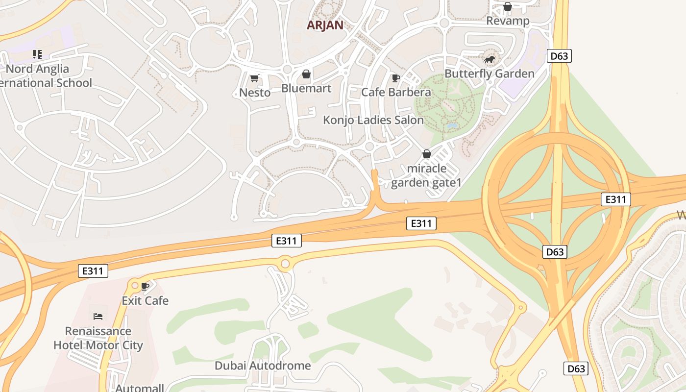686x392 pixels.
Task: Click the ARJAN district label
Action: coord(325,25)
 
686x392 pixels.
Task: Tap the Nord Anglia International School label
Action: coord(44,76)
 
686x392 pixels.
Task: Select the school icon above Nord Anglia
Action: coord(37,54)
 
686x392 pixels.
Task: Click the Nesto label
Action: coord(255,93)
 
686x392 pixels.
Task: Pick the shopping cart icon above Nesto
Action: coord(254,78)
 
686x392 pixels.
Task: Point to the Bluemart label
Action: coord(306,89)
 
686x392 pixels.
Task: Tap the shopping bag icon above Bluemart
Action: coord(306,74)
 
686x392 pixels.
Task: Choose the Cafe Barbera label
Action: coord(396,92)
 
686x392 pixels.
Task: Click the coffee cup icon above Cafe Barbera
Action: coord(395,78)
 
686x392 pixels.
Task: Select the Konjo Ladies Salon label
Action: coord(373,120)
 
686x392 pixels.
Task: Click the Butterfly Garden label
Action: coord(489,74)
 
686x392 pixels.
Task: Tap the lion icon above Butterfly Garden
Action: coord(490,60)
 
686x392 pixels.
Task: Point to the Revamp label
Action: coord(508,21)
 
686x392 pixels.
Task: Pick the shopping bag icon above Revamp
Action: coord(508,7)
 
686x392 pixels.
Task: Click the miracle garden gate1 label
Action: coord(427,175)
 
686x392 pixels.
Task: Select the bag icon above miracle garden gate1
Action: coord(427,154)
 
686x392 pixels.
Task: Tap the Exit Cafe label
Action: coord(145,301)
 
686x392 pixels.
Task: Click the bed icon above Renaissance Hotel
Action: coord(98,317)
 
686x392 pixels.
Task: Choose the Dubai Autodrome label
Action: coord(263,366)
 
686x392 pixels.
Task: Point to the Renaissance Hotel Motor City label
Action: coord(98,338)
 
